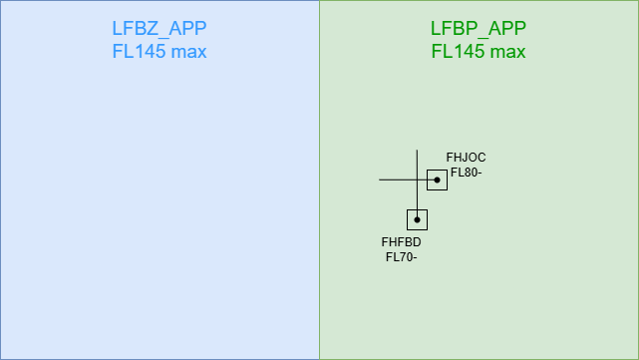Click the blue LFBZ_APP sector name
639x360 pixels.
160,28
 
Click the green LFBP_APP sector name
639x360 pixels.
479,28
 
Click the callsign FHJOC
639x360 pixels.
466,158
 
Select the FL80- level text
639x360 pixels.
467,173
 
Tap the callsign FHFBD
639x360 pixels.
402,242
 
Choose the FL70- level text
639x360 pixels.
402,257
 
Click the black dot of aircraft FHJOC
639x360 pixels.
437,180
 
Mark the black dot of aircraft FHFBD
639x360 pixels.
417,219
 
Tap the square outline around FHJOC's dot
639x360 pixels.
427,180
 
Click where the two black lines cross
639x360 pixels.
417,180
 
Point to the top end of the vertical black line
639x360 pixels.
417,150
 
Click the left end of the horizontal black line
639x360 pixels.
380,180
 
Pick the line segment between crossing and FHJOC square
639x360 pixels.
422,180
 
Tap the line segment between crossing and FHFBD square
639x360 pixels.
417,194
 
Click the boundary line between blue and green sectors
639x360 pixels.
319,180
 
